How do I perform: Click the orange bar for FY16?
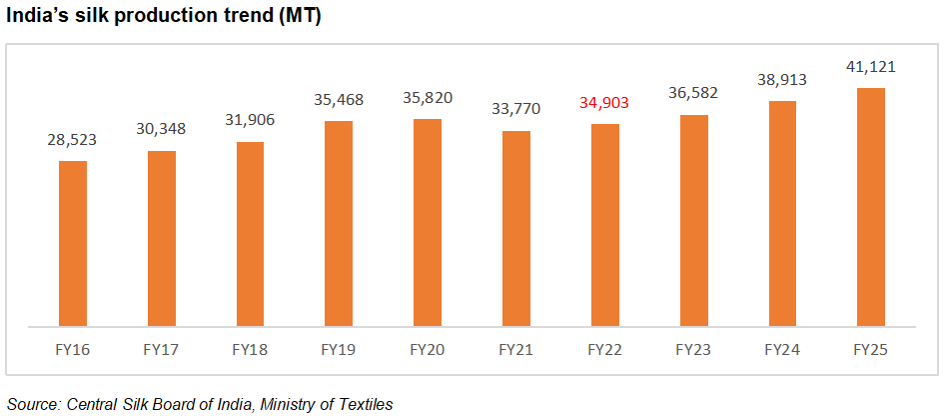click(73, 243)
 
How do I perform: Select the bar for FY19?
click(339, 223)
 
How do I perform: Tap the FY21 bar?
click(516, 228)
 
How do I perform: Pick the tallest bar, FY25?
click(872, 207)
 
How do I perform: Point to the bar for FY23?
click(694, 220)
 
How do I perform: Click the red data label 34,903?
click(605, 103)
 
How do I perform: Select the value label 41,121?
click(872, 67)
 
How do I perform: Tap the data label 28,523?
click(73, 140)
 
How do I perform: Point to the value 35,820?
click(428, 98)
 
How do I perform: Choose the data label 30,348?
click(162, 130)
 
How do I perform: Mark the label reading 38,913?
click(783, 80)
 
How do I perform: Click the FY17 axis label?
click(162, 351)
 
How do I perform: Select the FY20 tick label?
click(428, 351)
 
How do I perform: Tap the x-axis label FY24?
click(783, 351)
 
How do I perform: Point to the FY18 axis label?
click(250, 351)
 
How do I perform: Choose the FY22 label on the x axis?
click(605, 351)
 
